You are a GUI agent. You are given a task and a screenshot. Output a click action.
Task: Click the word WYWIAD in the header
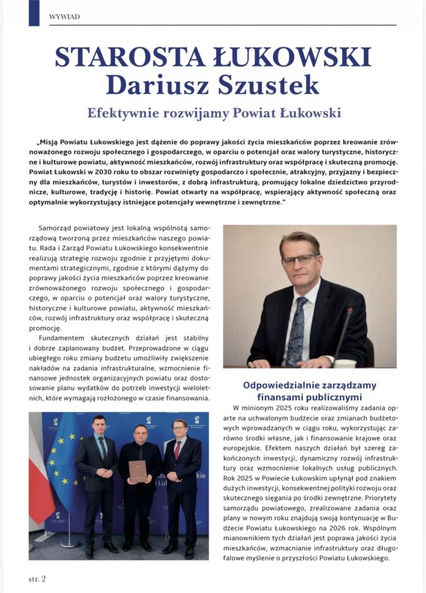(61, 17)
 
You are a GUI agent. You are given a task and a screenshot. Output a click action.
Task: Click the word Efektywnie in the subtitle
(120, 112)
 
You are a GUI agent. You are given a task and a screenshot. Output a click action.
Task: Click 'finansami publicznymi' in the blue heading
(310, 397)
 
